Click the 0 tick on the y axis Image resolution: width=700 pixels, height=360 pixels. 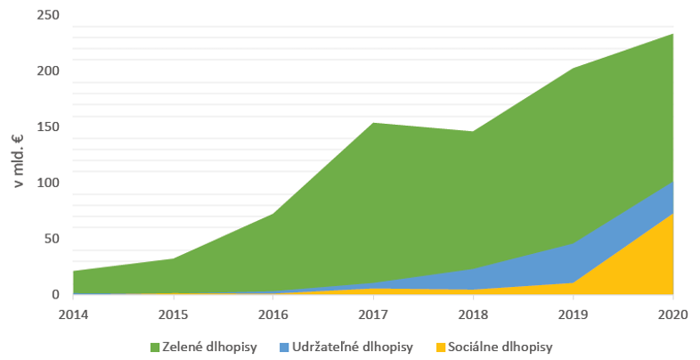tap(55, 295)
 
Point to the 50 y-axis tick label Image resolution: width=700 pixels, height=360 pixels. tap(52, 239)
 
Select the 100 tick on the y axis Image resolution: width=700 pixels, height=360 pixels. tap(48, 184)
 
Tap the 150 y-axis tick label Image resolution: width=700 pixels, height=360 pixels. tap(48, 127)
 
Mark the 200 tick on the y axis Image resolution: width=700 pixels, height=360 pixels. tap(48, 71)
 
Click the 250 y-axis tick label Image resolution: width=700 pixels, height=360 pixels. tap(48, 16)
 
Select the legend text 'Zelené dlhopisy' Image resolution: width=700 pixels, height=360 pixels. tap(209, 347)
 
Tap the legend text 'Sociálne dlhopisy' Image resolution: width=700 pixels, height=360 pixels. tap(501, 347)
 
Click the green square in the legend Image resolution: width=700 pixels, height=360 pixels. tap(155, 347)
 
